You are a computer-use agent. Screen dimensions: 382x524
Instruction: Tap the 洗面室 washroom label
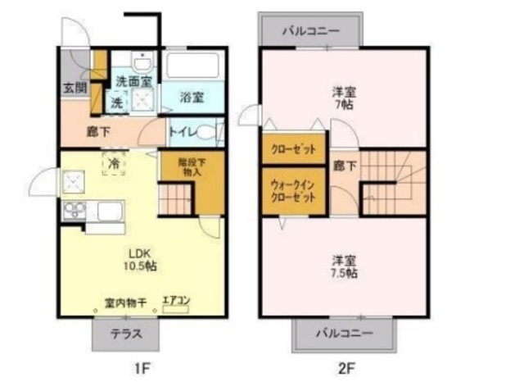(133, 81)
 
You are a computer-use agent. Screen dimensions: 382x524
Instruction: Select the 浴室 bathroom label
(192, 97)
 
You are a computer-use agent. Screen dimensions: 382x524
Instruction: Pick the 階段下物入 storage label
(193, 167)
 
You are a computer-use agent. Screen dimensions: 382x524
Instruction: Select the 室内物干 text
(125, 303)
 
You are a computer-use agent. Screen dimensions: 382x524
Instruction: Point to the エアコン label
(176, 301)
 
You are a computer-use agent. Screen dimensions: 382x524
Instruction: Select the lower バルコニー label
(345, 334)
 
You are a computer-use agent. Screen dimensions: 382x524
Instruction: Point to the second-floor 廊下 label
(345, 166)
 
